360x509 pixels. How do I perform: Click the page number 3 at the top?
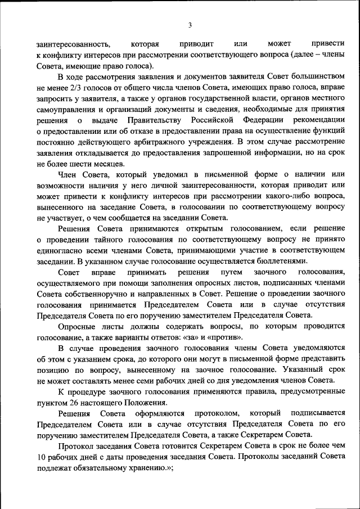pos(190,25)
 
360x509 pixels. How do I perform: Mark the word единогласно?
pos(60,251)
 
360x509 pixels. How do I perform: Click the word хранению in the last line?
pos(139,467)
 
